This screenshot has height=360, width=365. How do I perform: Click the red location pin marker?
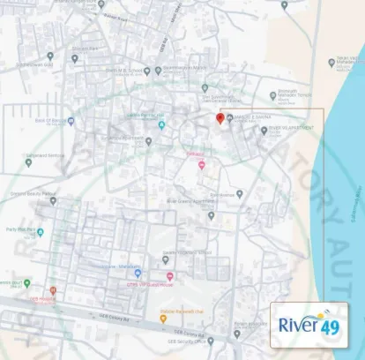pos(220,118)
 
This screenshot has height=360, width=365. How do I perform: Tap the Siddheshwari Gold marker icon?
pos(51,56)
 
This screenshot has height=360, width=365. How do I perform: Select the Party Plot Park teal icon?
pos(40,233)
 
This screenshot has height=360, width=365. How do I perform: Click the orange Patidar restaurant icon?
pos(163,317)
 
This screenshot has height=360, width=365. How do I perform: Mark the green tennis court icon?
pos(26,282)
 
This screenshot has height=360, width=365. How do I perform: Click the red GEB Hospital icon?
pos(52,290)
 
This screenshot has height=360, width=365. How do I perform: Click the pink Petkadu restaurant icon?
pos(202,164)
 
